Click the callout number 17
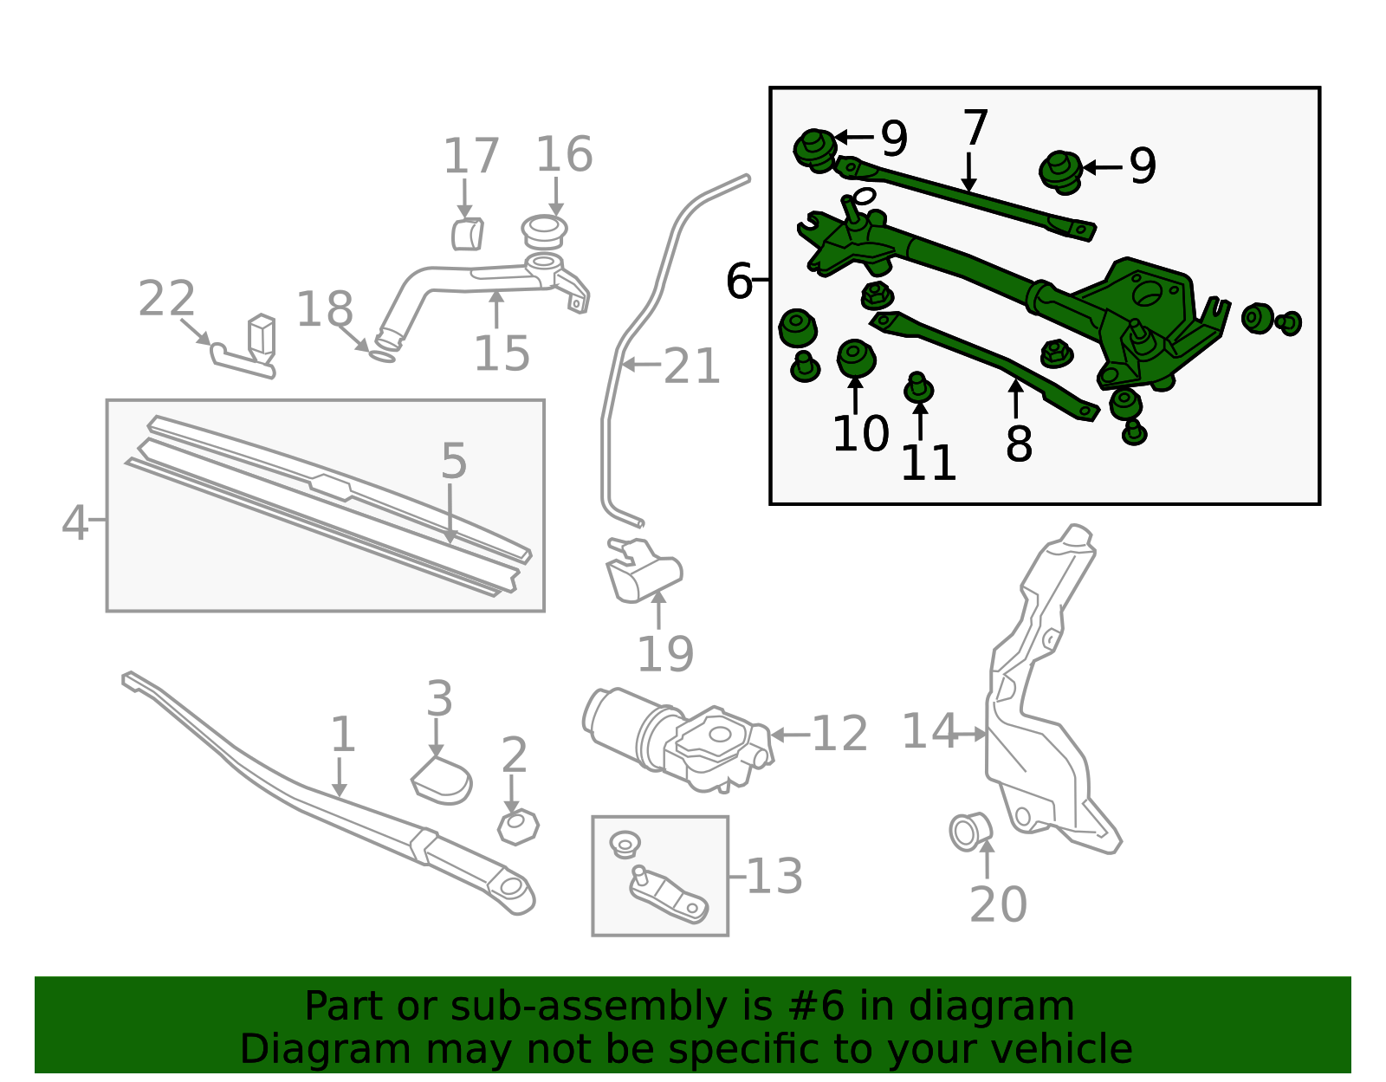[x=471, y=157]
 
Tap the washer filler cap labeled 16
[x=544, y=231]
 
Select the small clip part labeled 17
[x=467, y=234]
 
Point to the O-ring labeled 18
[x=382, y=354]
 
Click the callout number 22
[x=166, y=300]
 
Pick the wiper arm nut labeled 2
[x=518, y=827]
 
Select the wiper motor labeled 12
[x=676, y=736]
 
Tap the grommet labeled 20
[x=969, y=831]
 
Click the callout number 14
[x=929, y=732]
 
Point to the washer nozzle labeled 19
[x=644, y=572]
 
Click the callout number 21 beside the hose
[x=691, y=367]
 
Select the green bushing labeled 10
[x=856, y=358]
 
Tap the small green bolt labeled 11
[x=918, y=389]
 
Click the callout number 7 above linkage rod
[x=975, y=129]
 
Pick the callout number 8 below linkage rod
[x=1019, y=445]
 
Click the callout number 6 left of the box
[x=739, y=282]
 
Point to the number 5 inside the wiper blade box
[x=454, y=461]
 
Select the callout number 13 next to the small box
[x=774, y=876]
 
